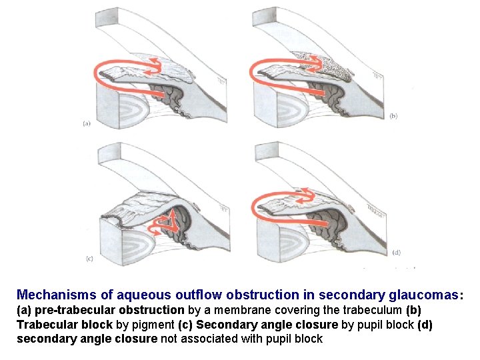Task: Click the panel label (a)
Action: coord(87,123)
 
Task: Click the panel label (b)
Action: coord(393,115)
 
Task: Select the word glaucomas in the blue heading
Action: coord(423,294)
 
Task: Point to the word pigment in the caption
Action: coord(153,325)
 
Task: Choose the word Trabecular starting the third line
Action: coord(43,325)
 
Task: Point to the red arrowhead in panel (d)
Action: coord(307,193)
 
